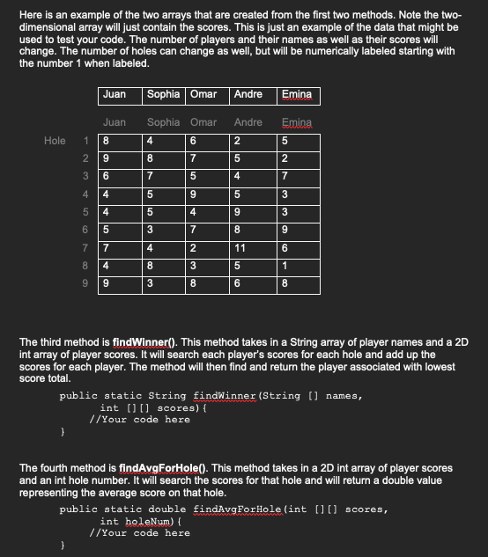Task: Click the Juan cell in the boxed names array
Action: pos(115,94)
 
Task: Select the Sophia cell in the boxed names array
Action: pos(163,94)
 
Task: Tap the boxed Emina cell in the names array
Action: pos(297,94)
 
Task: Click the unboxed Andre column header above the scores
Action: pos(248,122)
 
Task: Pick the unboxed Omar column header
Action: pos(203,122)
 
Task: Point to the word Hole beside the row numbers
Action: pos(55,140)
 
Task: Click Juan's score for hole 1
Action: pos(107,140)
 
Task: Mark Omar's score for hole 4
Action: pos(194,194)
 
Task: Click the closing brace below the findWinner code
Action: pos(63,432)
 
